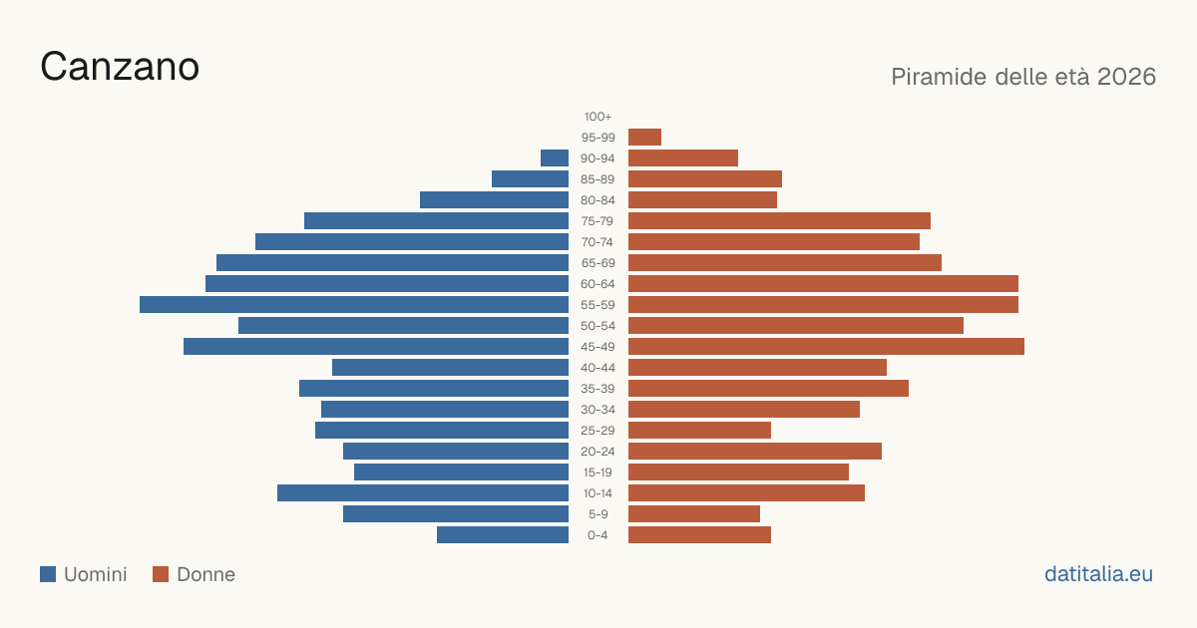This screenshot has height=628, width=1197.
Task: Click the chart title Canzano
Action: pos(120,67)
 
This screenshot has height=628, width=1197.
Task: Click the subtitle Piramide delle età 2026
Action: pos(1023,77)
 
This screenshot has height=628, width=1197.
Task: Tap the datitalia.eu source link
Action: pos(1098,574)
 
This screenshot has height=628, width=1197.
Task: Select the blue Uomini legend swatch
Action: pos(48,574)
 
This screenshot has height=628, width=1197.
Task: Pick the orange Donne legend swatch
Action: pos(161,574)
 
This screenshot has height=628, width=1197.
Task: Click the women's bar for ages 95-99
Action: pos(645,138)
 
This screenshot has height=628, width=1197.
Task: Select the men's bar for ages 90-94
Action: pos(555,158)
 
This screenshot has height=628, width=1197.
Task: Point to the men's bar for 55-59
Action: pos(354,304)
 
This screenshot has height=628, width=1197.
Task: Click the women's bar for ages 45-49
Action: pos(826,347)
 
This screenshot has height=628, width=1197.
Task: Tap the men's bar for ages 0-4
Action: pos(503,535)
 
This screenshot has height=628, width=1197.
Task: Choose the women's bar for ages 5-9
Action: pos(694,513)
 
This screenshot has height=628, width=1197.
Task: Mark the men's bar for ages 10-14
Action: pos(423,492)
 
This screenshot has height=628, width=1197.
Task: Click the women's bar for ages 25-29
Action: pos(699,431)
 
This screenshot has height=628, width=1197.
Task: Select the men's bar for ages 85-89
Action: pos(530,178)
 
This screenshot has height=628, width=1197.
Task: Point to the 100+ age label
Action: pos(598,117)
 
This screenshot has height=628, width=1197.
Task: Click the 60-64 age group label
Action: pos(598,284)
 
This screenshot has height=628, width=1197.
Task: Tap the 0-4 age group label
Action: pos(598,535)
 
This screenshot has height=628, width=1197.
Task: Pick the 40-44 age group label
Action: pos(598,368)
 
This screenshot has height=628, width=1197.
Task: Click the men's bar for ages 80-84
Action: pos(495,199)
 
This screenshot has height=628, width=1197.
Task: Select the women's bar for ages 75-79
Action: pos(779,221)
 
